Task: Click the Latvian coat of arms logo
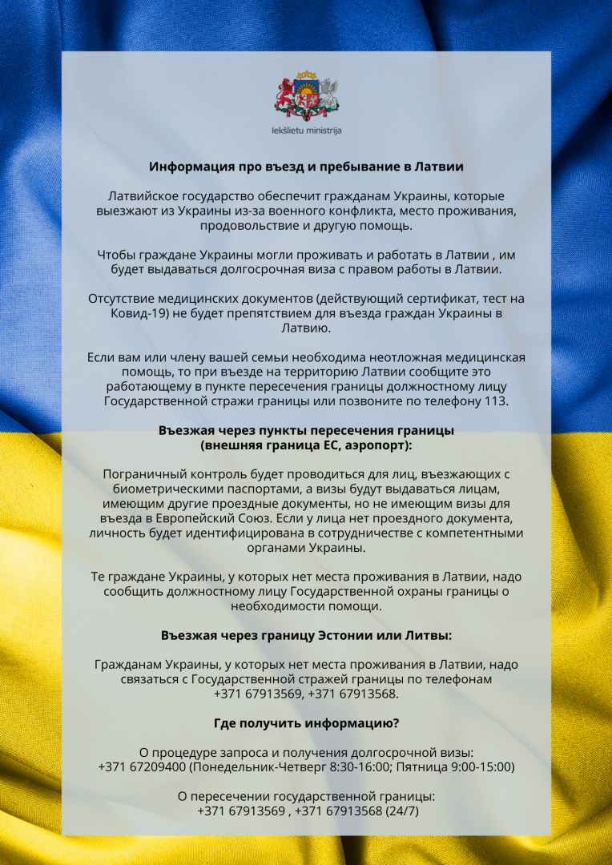click(x=306, y=96)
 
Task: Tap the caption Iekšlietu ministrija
click(x=306, y=130)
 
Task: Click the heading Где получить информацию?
click(x=306, y=723)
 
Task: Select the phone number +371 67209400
click(x=143, y=766)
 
